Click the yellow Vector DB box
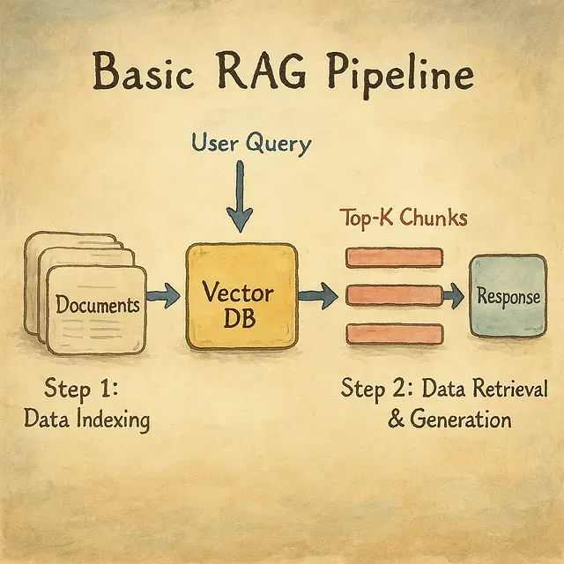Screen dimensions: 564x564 point(241,296)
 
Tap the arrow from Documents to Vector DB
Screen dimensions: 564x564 point(163,297)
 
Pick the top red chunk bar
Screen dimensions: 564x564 point(393,257)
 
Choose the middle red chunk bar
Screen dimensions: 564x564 point(393,296)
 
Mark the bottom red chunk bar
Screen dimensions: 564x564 point(393,334)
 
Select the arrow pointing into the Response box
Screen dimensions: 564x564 point(454,297)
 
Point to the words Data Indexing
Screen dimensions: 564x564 point(87,419)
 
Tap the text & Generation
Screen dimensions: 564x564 point(449,419)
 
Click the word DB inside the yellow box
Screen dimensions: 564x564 point(240,318)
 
